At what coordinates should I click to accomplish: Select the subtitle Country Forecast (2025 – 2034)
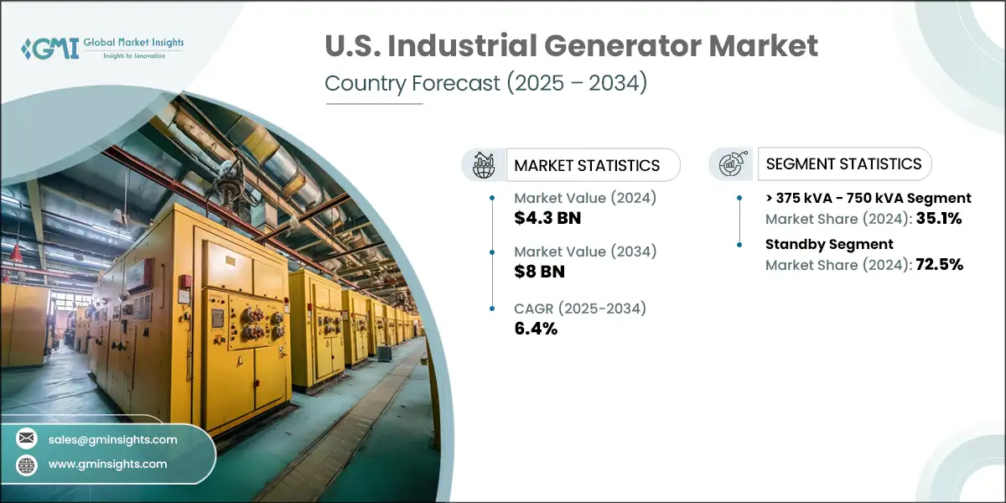(x=485, y=85)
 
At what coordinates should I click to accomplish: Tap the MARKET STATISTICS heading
(x=587, y=165)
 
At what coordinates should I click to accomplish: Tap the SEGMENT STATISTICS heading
(x=844, y=164)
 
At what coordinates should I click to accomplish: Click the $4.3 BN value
(x=547, y=219)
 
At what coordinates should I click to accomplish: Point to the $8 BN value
(x=540, y=272)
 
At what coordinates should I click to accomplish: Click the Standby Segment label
(x=829, y=244)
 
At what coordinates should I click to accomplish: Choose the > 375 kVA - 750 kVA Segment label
(x=868, y=199)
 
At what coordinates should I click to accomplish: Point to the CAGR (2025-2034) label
(x=580, y=308)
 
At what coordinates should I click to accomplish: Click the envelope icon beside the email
(x=28, y=438)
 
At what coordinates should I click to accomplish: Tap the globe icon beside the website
(x=28, y=464)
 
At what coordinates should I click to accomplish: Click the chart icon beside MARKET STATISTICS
(x=484, y=165)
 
